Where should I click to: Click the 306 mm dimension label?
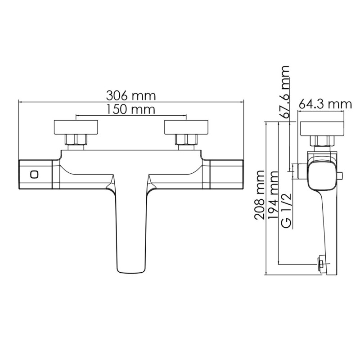130,95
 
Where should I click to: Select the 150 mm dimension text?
130,109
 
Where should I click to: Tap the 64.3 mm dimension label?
325,104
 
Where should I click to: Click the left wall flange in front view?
76,127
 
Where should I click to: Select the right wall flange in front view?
186,127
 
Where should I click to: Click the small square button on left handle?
33,174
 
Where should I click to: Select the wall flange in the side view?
323,128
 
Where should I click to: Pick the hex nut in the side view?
324,141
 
